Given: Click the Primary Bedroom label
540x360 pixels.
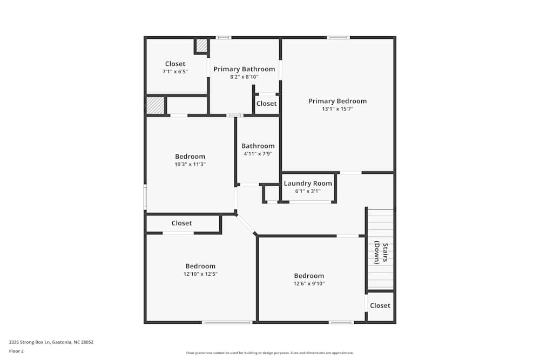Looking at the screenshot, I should [x=337, y=101].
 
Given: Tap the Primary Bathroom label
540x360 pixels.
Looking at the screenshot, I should [x=244, y=69].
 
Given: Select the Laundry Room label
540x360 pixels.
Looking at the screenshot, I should [x=308, y=184].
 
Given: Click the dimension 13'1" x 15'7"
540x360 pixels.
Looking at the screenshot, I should [x=337, y=109].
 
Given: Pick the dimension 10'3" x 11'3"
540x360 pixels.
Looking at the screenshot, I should [x=190, y=165].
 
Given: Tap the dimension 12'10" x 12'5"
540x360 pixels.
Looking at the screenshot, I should [x=200, y=274].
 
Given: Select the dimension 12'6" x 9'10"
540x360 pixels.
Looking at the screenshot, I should [x=309, y=284].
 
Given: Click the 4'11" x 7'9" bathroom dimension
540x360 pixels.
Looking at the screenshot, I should [x=258, y=154].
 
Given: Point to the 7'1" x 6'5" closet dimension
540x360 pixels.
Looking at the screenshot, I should [x=175, y=72].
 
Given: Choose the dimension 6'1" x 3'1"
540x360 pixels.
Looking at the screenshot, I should [x=308, y=191].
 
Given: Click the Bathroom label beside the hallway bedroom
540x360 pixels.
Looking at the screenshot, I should [x=258, y=146].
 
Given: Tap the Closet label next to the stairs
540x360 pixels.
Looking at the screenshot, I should [x=380, y=305].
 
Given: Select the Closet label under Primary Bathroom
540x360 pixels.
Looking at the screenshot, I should [x=266, y=104].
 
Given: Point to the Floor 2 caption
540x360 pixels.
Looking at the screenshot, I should [x=16, y=351].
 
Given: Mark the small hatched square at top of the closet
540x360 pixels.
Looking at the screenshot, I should [x=201, y=46].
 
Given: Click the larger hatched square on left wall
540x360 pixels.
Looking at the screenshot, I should [x=156, y=105].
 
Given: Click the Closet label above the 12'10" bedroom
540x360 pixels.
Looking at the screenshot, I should [x=181, y=223].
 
